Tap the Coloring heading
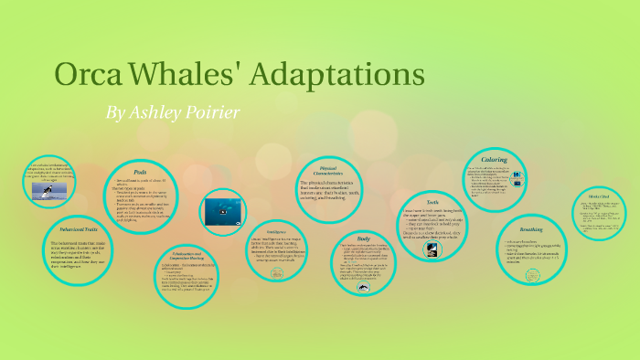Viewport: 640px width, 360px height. click(x=494, y=159)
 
